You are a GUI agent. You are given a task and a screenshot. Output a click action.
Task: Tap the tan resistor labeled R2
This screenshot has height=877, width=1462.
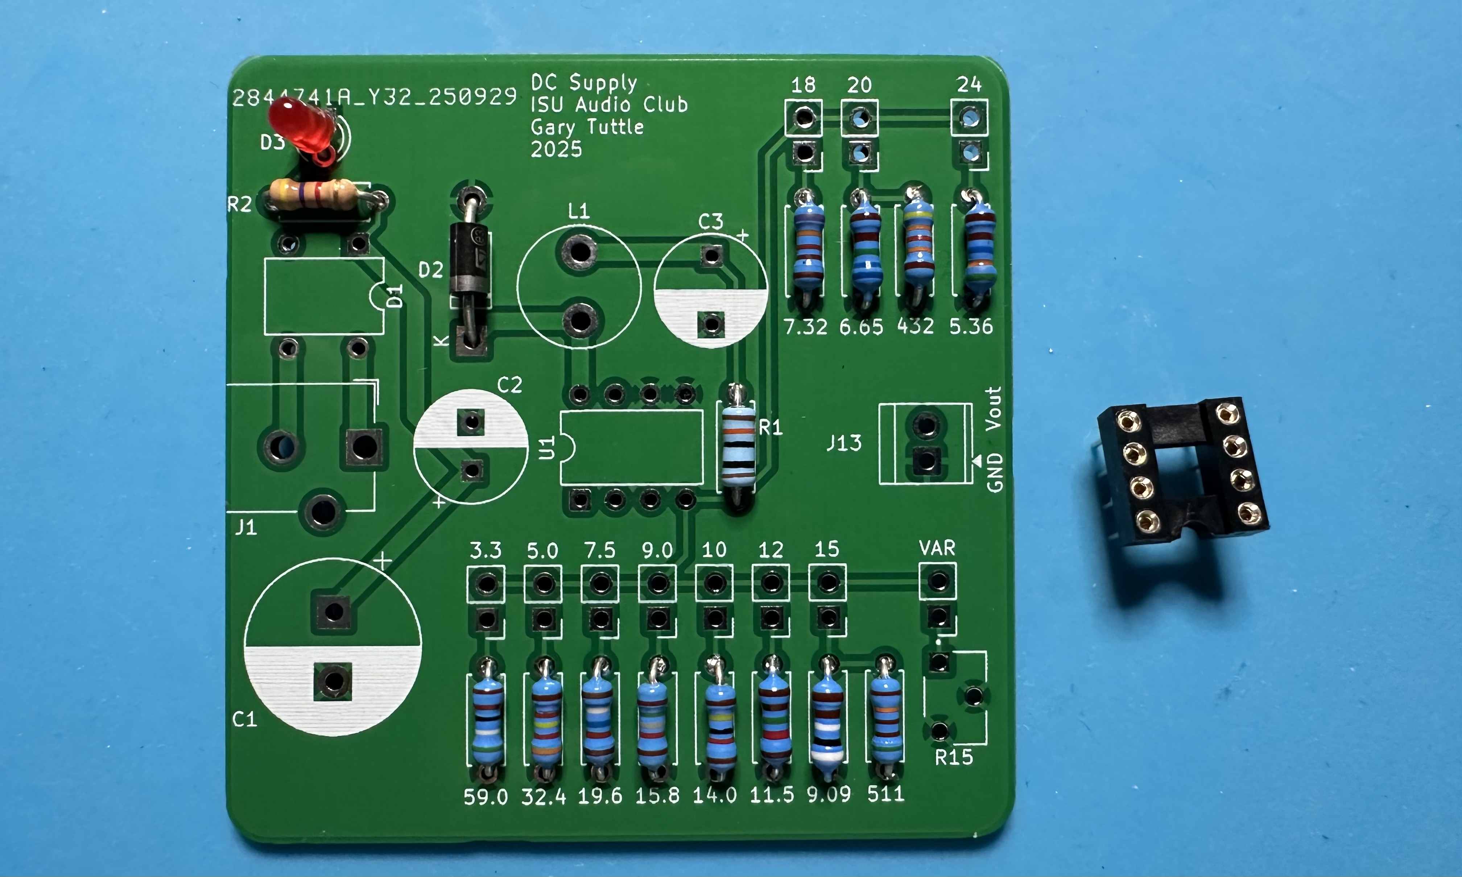point(313,195)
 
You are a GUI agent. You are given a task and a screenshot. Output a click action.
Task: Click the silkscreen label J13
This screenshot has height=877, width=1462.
point(843,443)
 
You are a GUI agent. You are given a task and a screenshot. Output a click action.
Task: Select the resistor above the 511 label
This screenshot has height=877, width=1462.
point(885,718)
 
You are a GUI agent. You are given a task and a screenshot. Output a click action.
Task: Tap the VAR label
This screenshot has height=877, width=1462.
point(937,549)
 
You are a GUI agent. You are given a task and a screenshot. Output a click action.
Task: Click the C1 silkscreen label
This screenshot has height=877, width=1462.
point(244,719)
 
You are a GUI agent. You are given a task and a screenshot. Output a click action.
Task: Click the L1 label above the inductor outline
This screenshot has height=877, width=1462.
point(579,211)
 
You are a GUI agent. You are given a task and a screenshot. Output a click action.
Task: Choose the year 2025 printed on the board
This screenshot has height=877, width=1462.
point(556,149)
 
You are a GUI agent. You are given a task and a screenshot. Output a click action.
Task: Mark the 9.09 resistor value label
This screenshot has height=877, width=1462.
point(829,795)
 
